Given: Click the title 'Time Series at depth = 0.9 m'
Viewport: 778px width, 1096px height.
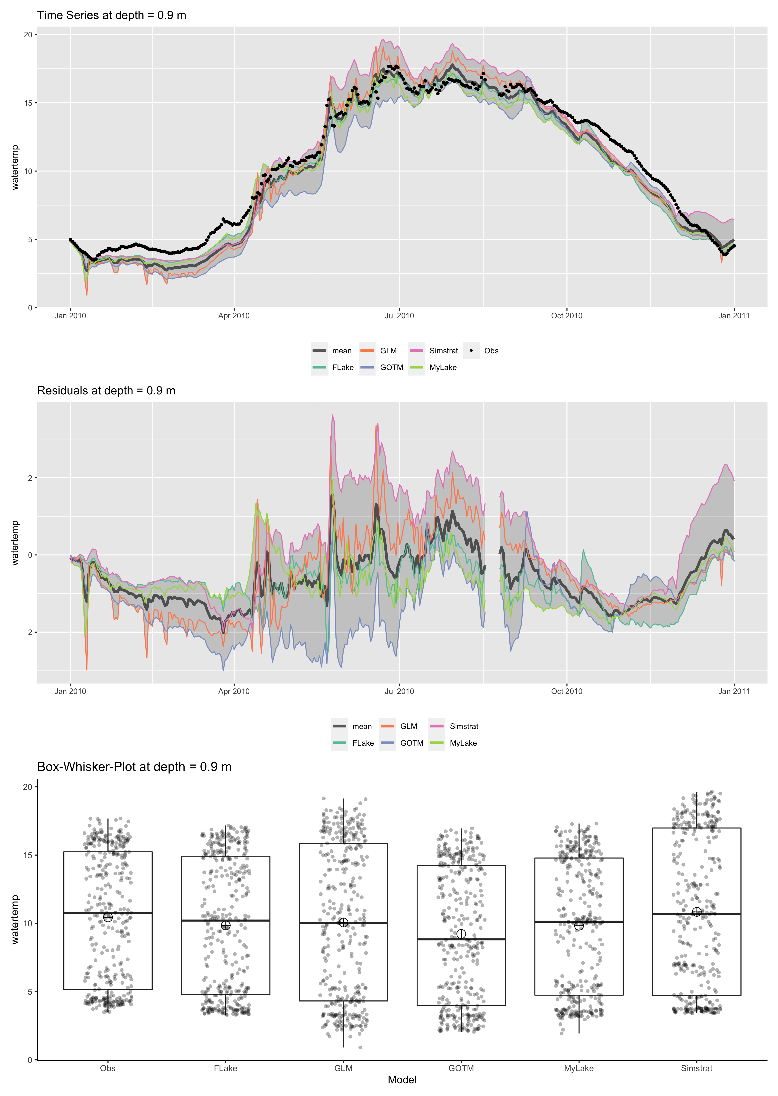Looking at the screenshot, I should pos(112,15).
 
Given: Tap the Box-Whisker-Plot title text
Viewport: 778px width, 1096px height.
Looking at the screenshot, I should pos(134,767).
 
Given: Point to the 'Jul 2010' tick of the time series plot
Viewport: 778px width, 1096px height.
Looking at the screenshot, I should pos(399,316).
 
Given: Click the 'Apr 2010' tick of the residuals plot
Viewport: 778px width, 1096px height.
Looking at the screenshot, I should pos(234,691).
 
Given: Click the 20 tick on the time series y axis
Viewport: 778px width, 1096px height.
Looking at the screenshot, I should pos(28,35).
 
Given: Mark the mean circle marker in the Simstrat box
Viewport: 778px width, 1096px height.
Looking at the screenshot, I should pos(697,912).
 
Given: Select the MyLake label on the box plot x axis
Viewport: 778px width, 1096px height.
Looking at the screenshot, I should pos(579,1068).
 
